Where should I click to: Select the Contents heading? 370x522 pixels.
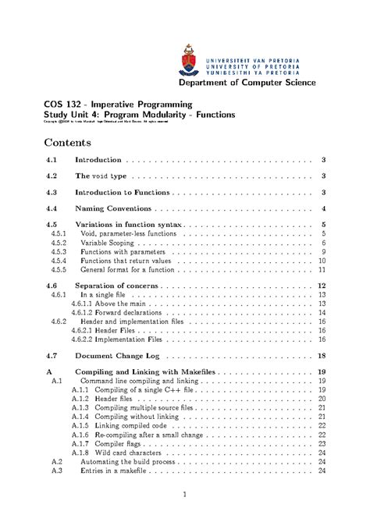[x=68, y=143]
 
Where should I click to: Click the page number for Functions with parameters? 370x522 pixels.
[x=322, y=253]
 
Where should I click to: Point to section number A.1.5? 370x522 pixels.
[x=80, y=425]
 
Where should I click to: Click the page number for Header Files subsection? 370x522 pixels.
[x=322, y=330]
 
